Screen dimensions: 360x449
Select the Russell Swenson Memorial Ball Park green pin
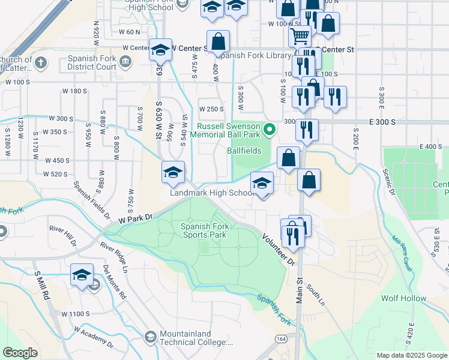(270, 128)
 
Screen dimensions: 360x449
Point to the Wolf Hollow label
(404, 298)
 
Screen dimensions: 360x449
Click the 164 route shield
(281, 339)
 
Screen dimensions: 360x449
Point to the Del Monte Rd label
(115, 282)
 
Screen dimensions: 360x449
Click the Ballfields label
(244, 151)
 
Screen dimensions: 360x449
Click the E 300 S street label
(382, 122)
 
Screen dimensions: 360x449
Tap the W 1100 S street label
(76, 314)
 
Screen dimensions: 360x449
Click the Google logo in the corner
(20, 353)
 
